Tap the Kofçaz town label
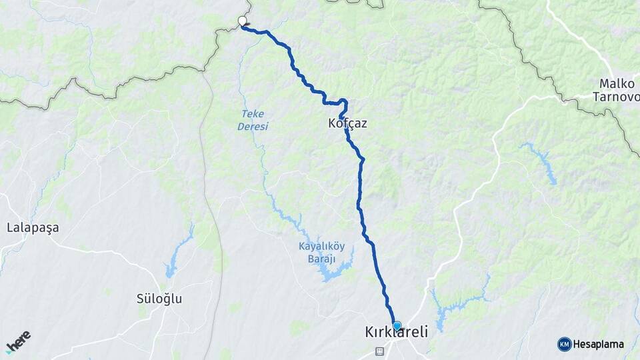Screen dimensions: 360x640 point(348,123)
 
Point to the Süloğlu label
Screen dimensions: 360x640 point(159,299)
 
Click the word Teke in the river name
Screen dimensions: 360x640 point(253,114)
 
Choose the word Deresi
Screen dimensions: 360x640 point(253,126)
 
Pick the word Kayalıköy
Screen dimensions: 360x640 point(322,246)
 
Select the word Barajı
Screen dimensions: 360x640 point(322,258)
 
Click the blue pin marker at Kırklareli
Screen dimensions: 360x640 point(397,325)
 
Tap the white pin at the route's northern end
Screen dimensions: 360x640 point(242,22)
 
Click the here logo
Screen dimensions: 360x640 point(18,342)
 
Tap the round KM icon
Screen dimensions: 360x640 point(564,345)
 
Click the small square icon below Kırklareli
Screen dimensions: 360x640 point(379,351)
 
